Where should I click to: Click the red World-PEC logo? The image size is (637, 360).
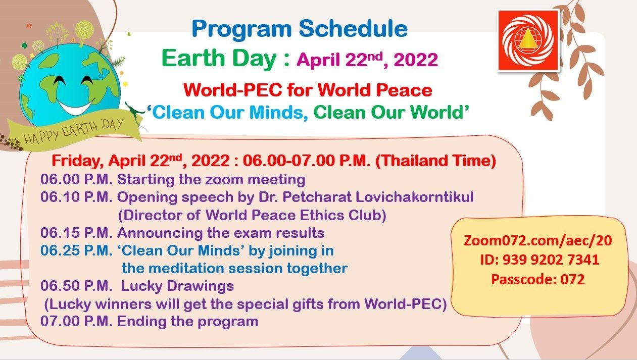[x=528, y=40]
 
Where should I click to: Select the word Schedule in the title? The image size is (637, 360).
[x=353, y=29]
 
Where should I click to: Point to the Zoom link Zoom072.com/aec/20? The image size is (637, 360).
[x=538, y=240]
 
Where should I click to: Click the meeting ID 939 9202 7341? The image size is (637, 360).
[x=540, y=260]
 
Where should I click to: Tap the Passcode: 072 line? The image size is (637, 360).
[x=538, y=279]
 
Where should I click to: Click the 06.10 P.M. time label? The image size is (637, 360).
[x=76, y=197]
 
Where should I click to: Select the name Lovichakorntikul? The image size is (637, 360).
[x=414, y=197]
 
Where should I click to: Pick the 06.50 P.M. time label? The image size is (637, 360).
[x=76, y=286]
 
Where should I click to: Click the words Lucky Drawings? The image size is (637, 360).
[x=177, y=286]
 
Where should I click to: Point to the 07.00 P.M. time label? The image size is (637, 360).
[x=76, y=321]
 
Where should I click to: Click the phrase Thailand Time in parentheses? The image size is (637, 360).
[x=436, y=161]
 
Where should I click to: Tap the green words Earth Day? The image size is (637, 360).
[x=219, y=58]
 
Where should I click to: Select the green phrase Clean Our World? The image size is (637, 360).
[x=388, y=112]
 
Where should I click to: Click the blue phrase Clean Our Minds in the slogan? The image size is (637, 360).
[x=227, y=112]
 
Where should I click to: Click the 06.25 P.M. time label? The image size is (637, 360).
[x=76, y=250]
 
